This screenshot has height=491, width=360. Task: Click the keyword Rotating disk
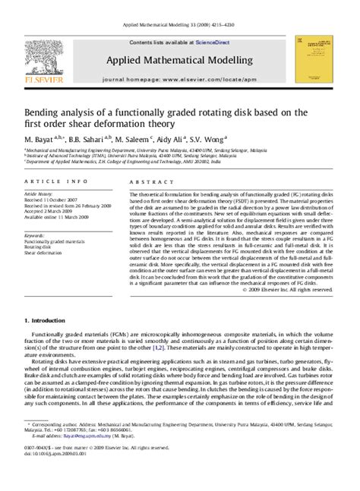click(39, 247)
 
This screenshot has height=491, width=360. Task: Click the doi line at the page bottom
click(54, 480)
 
